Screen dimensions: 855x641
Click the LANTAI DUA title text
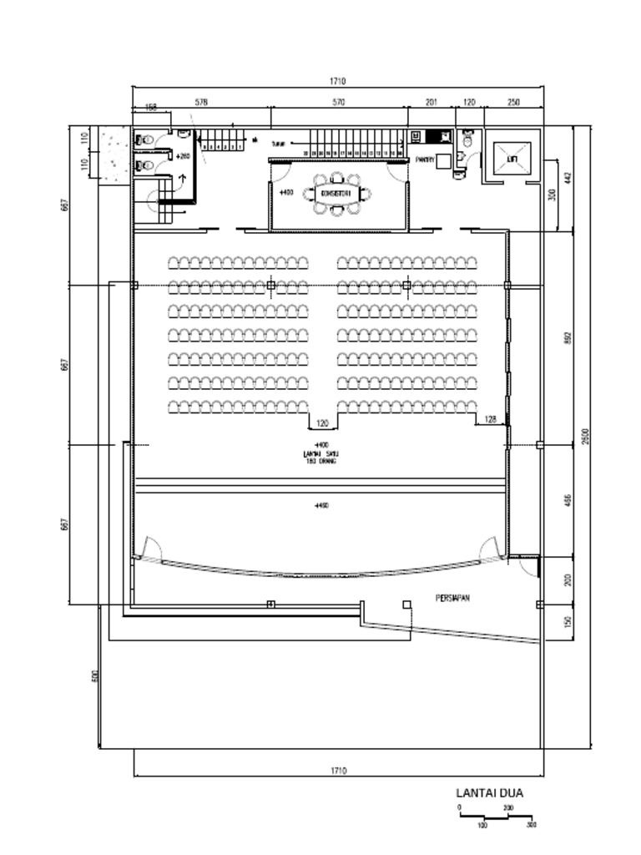[489, 793]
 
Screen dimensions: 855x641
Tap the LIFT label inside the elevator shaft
[512, 158]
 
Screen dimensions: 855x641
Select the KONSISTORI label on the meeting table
[337, 194]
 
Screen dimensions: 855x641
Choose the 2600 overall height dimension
[585, 436]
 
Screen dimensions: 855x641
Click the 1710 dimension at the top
[337, 81]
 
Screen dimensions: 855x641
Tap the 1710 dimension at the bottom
[338, 771]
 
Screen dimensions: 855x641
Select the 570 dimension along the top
[338, 102]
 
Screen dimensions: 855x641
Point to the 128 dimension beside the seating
[490, 419]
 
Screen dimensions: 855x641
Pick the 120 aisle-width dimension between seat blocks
[323, 423]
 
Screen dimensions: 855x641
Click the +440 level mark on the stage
[321, 506]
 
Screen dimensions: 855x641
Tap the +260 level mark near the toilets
[183, 156]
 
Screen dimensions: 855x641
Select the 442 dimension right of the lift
[568, 178]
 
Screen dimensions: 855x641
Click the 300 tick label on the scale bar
[532, 824]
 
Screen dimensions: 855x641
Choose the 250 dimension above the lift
[513, 102]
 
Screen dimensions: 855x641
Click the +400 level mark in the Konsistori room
[285, 192]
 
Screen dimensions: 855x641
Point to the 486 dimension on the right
[568, 499]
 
